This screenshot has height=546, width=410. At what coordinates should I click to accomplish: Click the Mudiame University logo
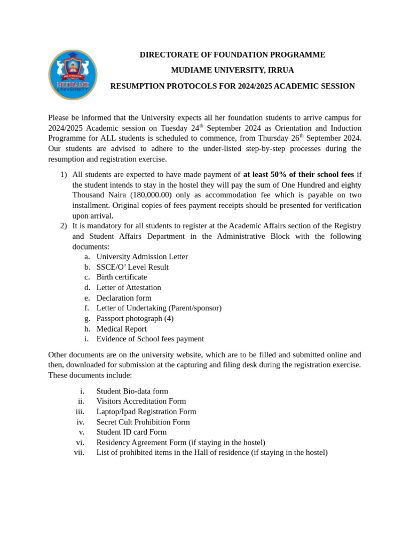(x=73, y=75)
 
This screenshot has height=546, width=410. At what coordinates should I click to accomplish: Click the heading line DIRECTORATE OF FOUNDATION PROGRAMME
(x=232, y=55)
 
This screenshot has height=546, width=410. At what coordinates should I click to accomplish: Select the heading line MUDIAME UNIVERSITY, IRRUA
(x=232, y=70)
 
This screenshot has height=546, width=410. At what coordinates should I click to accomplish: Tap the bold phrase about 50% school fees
(x=298, y=174)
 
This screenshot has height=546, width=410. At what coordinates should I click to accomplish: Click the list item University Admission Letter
(x=142, y=256)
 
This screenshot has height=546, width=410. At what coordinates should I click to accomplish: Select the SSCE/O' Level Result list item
(x=132, y=267)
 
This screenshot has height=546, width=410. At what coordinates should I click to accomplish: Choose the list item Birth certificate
(x=122, y=277)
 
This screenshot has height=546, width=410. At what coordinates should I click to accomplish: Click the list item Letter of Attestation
(x=129, y=287)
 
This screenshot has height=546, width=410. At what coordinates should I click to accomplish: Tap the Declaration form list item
(x=124, y=298)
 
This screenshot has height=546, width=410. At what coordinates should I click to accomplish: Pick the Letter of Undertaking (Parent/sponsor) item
(x=159, y=308)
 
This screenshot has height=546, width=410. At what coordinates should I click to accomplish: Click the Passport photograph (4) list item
(x=135, y=318)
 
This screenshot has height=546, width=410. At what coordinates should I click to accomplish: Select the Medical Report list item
(x=121, y=329)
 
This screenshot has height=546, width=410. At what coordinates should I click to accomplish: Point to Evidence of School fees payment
(x=150, y=339)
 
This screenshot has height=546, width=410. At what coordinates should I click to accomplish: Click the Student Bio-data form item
(x=132, y=391)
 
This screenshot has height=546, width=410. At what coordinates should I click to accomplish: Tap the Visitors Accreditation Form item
(x=141, y=401)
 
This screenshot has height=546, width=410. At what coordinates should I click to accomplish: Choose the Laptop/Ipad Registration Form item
(x=146, y=412)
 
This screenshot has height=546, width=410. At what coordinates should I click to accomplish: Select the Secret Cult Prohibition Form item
(x=143, y=422)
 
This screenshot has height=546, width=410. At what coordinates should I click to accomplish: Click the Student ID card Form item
(x=131, y=432)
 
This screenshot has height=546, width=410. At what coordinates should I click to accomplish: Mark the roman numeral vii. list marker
(x=79, y=453)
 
